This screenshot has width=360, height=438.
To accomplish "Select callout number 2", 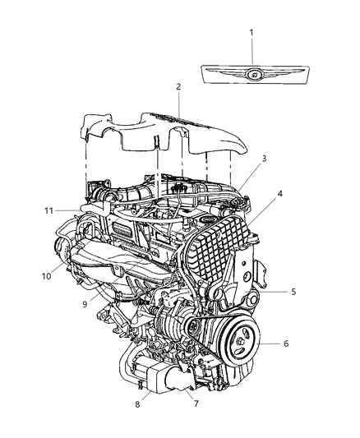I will tap(177, 87).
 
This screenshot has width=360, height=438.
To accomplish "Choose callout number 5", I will tap(293, 291).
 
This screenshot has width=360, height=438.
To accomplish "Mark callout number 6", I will tap(285, 343).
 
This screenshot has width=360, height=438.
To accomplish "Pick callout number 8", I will tap(138, 404).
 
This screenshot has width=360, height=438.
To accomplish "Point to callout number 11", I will tap(48, 211).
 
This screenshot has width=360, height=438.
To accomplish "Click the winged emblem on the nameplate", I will tap(254, 74).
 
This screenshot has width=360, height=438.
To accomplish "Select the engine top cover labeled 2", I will tap(164, 136).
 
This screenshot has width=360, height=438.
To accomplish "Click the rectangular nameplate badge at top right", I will tap(254, 75).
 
